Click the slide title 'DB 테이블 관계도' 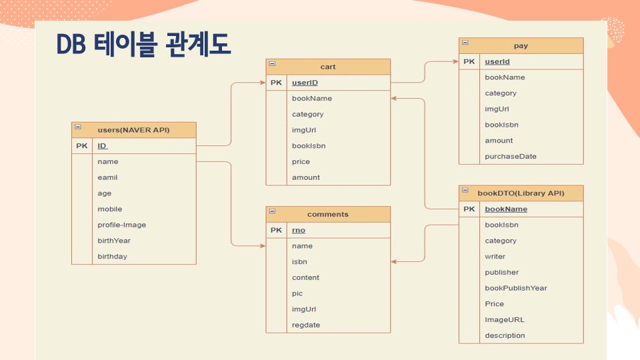coord(144,45)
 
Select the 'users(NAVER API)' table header coord(133,130)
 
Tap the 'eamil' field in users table coord(107,177)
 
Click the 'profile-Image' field coord(121,225)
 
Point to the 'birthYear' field coord(114,241)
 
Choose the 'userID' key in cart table coord(305,83)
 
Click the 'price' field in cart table coord(301,162)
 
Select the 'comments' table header coord(328,214)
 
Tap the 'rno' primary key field coord(299,230)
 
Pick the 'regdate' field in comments coord(306,325)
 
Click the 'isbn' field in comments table coord(299,261)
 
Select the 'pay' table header coord(521,46)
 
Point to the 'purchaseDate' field coord(510,156)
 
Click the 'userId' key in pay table coord(497,61)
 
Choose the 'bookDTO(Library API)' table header coord(521,193)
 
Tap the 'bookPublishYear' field coord(516,288)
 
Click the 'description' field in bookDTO coord(505,335)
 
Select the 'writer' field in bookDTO coord(495,257)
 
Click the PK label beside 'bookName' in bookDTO coord(469,209)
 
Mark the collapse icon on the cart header coord(272,64)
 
